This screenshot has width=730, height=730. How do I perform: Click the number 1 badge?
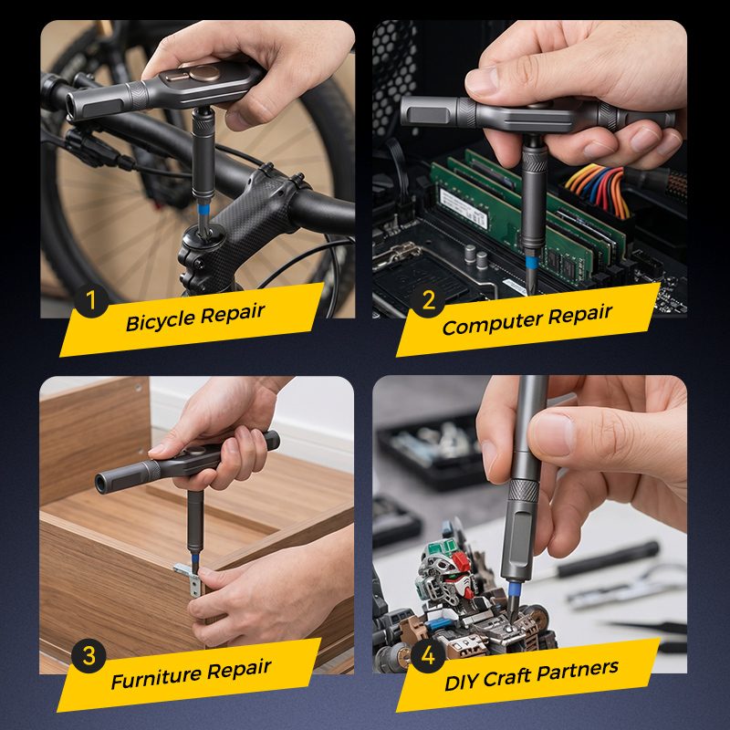(x=91, y=300)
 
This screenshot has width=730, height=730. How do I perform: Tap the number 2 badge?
(x=427, y=300)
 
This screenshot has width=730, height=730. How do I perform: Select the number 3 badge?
(x=89, y=655)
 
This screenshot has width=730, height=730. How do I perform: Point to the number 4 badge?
(x=427, y=655)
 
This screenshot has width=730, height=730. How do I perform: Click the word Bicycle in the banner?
(x=161, y=321)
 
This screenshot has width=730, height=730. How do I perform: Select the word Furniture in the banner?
(x=156, y=677)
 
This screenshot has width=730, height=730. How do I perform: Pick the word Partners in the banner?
(x=578, y=670)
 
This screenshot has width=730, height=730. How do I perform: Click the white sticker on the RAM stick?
(x=464, y=208)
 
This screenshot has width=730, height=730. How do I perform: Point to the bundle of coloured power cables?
(x=598, y=189)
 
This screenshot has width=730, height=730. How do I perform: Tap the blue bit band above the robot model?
(x=514, y=589)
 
